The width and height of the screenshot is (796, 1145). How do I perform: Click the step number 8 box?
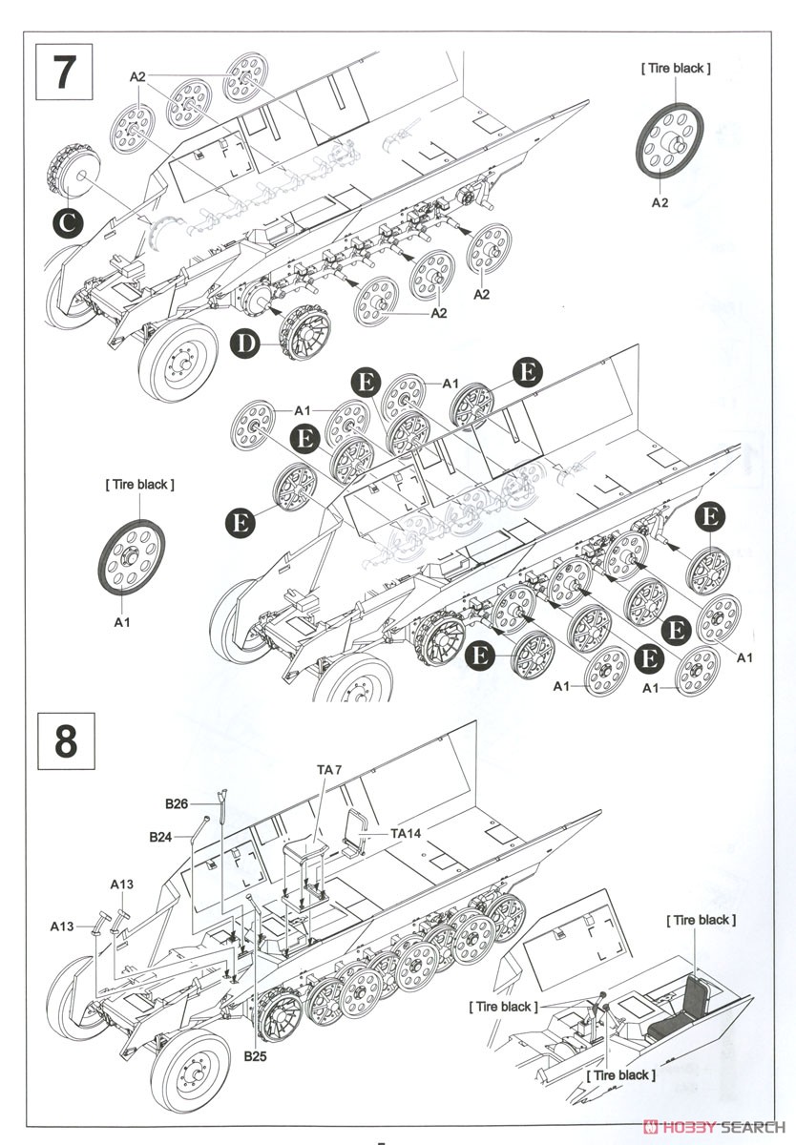tap(66, 741)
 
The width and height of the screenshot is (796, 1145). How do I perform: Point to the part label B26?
tap(177, 804)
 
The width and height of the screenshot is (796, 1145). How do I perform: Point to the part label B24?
tap(161, 837)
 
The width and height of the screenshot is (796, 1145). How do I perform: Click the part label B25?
tap(256, 1057)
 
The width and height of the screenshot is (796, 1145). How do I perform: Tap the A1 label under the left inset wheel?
tap(122, 621)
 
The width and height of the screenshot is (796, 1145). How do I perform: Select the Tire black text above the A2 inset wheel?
tap(676, 68)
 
